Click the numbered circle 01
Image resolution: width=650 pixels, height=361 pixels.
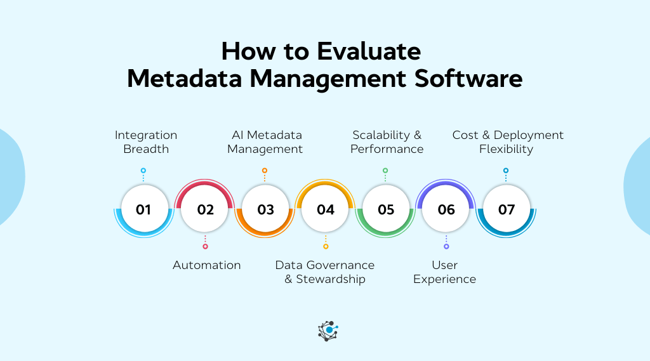[143, 209]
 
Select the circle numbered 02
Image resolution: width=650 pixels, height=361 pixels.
[205, 209]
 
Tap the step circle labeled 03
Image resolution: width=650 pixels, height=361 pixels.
[265, 209]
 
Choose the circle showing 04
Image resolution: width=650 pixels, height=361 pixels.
[326, 209]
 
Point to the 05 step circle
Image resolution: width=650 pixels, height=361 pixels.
[386, 209]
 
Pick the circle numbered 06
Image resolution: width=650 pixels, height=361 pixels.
[446, 209]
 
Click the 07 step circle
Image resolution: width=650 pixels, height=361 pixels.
[507, 209]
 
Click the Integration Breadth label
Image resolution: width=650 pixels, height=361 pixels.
[146, 142]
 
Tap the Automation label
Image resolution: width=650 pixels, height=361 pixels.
[207, 265]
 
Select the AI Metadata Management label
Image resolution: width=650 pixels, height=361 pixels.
[265, 142]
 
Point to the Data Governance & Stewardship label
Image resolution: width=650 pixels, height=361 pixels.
[325, 272]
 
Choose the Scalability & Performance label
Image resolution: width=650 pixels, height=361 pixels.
[387, 142]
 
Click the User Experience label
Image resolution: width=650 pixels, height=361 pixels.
[444, 272]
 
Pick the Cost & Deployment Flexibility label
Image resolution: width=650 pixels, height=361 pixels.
[507, 142]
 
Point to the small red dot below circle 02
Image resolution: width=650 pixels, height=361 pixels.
[205, 246]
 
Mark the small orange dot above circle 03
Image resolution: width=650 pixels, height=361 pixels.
[265, 171]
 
